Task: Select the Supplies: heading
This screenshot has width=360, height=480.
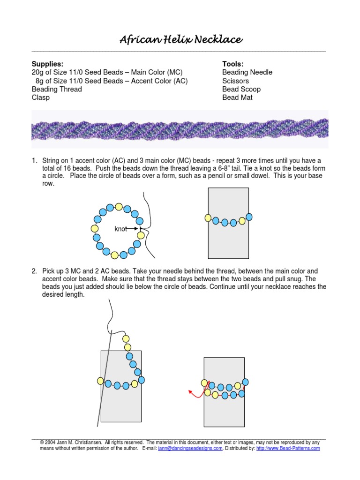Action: [x=47, y=64]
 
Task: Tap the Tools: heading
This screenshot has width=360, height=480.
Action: [x=232, y=64]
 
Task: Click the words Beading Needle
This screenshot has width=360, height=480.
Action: [x=247, y=72]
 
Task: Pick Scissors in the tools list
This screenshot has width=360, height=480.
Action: [x=235, y=81]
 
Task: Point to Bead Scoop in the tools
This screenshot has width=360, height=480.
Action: [x=241, y=89]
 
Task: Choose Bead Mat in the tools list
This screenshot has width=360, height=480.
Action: [x=237, y=97]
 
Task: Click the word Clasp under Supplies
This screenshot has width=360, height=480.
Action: [x=40, y=97]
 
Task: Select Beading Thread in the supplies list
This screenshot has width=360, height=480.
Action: [x=56, y=89]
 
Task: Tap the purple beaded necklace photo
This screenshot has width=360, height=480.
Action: [x=180, y=129]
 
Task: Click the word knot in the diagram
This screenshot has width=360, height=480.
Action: [x=120, y=229]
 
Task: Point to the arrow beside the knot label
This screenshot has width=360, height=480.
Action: [x=134, y=229]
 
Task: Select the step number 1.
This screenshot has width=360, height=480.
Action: [x=34, y=161]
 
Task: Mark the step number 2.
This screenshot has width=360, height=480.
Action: [x=34, y=271]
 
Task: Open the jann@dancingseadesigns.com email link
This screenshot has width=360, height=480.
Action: [x=190, y=448]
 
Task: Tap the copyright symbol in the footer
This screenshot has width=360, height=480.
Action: [x=42, y=442]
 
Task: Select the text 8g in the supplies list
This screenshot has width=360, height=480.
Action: [x=40, y=81]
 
